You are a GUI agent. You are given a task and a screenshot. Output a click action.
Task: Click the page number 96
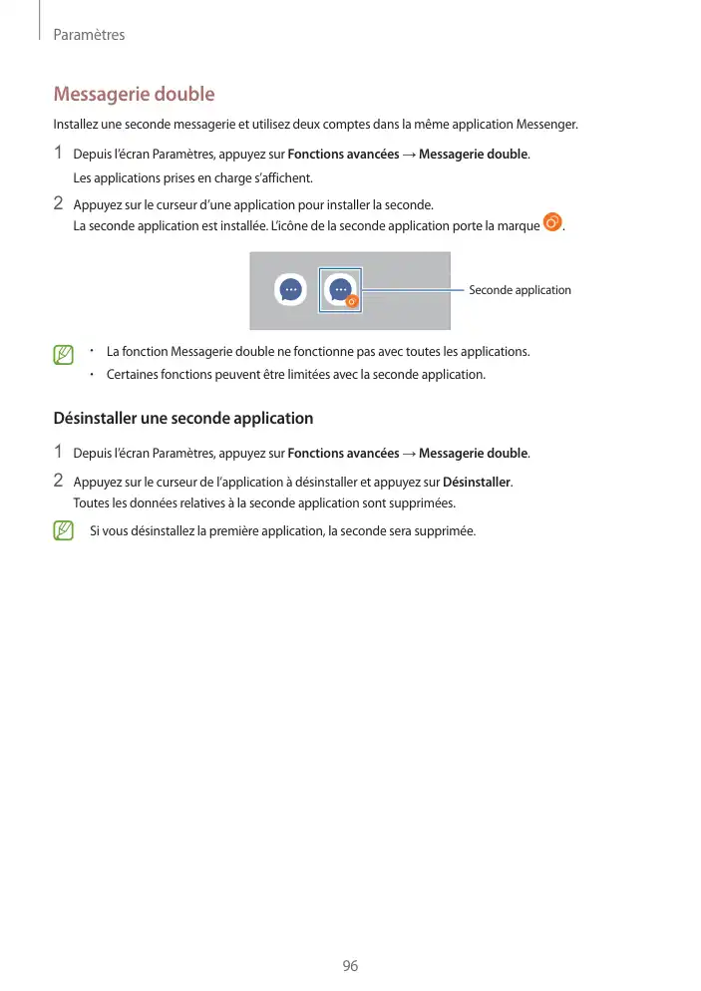(x=349, y=966)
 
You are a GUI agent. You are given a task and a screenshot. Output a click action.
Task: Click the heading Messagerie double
(x=134, y=95)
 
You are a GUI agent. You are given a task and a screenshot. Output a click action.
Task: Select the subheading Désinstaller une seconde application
(x=183, y=418)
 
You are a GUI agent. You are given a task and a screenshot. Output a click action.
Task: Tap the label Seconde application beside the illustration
(x=520, y=290)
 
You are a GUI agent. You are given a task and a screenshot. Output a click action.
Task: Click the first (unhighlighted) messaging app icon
(x=290, y=290)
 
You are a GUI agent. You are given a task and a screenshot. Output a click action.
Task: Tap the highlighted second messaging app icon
(x=340, y=290)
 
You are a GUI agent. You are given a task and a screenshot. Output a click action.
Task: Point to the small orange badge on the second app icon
(x=352, y=300)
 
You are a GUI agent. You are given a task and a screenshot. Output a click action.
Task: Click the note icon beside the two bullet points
(x=64, y=355)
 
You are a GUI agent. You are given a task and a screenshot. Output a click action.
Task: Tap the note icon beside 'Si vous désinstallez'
(x=64, y=530)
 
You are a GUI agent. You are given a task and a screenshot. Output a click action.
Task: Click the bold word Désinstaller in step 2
(x=477, y=483)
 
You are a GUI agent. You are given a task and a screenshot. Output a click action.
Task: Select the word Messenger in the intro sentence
(x=547, y=125)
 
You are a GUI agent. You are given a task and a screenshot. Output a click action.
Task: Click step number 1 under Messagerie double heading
(x=59, y=154)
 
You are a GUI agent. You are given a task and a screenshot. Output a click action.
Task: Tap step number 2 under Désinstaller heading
(x=59, y=482)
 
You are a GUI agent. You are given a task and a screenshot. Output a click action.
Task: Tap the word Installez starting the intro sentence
(x=76, y=125)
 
